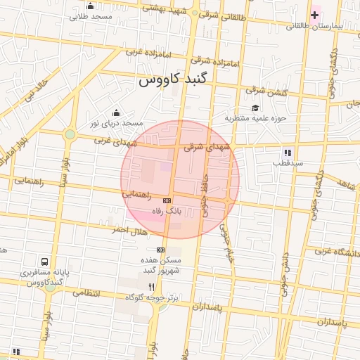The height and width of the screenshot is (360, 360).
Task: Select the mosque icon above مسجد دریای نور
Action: pos(116,113)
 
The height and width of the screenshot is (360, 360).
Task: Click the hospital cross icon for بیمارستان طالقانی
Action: pos(314,15)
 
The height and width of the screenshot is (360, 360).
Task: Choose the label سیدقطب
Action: pos(288,163)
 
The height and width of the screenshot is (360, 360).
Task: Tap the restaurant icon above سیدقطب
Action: pos(288,152)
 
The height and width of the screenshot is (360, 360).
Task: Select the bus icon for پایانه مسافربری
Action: pos(46,261)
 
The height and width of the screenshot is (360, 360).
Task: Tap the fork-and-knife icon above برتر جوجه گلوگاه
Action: pos(151,287)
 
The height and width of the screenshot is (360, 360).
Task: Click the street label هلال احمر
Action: pos(129,231)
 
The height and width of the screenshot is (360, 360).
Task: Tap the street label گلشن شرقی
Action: pos(266,91)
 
